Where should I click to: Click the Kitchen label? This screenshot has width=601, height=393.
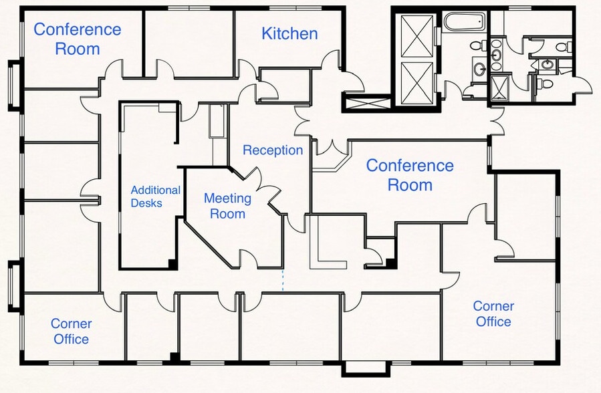coord(289,33)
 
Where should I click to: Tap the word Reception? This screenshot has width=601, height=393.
coord(273,150)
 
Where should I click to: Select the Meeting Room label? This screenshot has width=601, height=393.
coord(228,206)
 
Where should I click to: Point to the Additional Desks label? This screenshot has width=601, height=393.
coord(156,196)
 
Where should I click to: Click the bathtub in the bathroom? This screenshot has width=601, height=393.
coord(465,21)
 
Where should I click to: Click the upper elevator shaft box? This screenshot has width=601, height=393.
coord(417,36)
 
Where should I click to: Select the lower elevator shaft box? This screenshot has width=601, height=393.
coord(417,83)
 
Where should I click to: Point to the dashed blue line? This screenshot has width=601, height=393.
coord(283,280)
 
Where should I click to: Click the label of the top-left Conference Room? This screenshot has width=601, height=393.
coord(78,39)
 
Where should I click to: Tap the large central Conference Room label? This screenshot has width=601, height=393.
coord(410,175)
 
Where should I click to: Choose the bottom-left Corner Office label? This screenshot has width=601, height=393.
coord(72,332)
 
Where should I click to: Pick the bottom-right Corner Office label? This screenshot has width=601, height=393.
coord(493,313)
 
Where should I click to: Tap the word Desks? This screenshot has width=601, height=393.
coord(146,203)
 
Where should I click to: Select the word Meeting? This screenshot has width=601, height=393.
coord(228,199)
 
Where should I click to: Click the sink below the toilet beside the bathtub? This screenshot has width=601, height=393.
coord(479,70)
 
